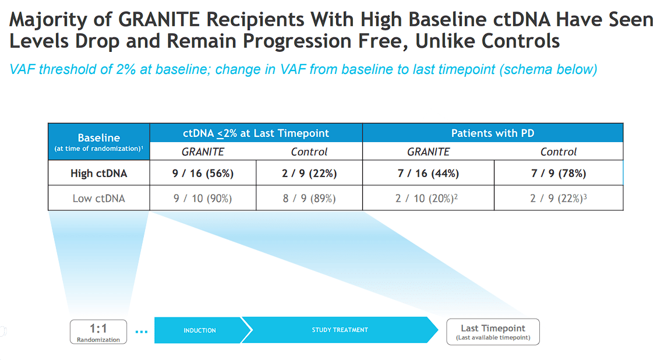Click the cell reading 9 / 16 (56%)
(x=203, y=173)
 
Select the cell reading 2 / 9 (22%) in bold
(x=309, y=173)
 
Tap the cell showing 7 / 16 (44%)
(x=428, y=173)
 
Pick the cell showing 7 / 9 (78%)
(x=559, y=173)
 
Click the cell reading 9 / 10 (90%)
(x=203, y=198)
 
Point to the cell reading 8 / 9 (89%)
(x=309, y=198)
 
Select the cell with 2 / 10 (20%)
(x=428, y=198)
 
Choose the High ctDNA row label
(x=98, y=173)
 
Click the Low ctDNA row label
(x=98, y=198)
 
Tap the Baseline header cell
(x=98, y=142)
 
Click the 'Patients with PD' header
(x=493, y=133)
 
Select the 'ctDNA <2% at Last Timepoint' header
(x=256, y=133)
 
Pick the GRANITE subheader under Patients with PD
(x=428, y=151)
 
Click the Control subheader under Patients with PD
(x=559, y=151)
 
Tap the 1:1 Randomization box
(x=98, y=331)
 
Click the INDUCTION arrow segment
(x=200, y=330)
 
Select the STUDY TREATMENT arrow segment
(x=340, y=330)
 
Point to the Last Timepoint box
(x=493, y=331)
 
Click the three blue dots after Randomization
(x=141, y=331)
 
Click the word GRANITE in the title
(x=163, y=19)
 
